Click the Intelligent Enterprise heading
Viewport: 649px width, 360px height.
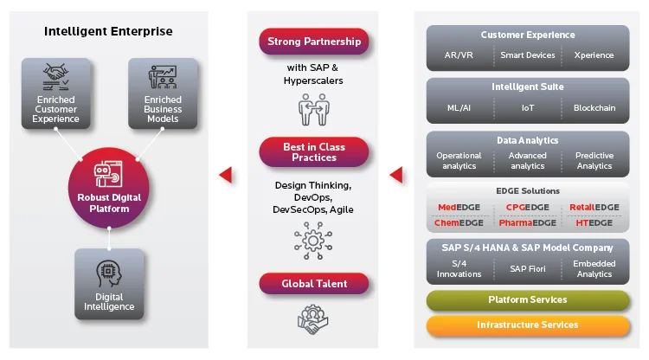coord(109,31)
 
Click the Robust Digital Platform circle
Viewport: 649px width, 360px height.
coord(109,186)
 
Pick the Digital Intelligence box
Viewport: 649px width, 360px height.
coord(109,284)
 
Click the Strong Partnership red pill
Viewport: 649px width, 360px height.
coord(313,42)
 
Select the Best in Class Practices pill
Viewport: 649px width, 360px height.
coord(313,152)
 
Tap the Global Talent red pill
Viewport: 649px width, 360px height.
coord(313,283)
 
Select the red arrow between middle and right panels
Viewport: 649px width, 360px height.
coord(396,175)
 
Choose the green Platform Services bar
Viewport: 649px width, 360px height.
coord(527,299)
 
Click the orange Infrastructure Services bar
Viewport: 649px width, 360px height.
coord(527,325)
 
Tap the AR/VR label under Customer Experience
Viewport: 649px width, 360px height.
coord(459,55)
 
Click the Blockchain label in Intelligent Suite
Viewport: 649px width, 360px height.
coord(594,108)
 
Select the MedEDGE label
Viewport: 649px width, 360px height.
coord(459,208)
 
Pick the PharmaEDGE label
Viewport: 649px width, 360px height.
coord(527,222)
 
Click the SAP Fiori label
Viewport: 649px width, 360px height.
coord(527,269)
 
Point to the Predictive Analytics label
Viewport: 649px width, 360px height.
coord(594,161)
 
